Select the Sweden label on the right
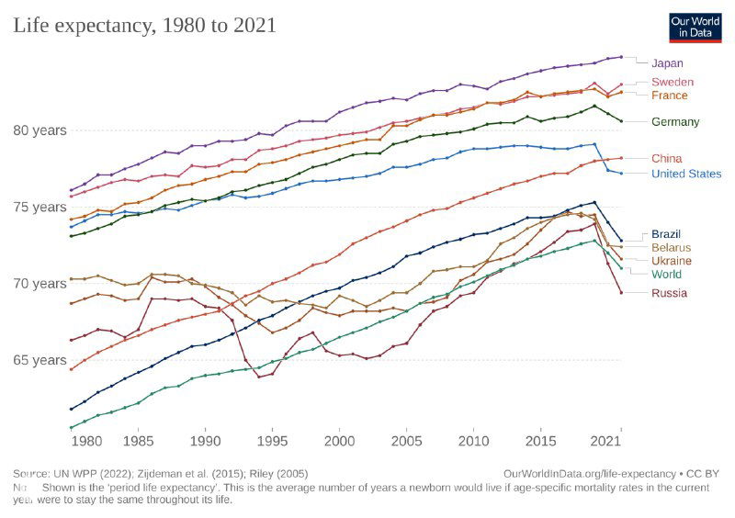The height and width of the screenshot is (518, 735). [672, 83]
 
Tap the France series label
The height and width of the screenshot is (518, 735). [669, 96]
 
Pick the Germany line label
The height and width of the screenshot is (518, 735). [675, 122]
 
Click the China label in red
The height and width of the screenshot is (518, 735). [666, 159]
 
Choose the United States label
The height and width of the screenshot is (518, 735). [685, 174]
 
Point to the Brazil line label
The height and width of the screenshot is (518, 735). [666, 234]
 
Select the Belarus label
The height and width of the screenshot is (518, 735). [671, 248]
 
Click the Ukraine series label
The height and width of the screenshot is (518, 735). [671, 261]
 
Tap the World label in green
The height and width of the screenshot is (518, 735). [667, 274]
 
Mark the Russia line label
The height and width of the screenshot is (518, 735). [668, 293]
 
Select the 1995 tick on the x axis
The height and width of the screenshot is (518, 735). [272, 442]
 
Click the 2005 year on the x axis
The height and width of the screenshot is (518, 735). [405, 442]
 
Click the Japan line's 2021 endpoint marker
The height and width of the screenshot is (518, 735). [621, 57]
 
